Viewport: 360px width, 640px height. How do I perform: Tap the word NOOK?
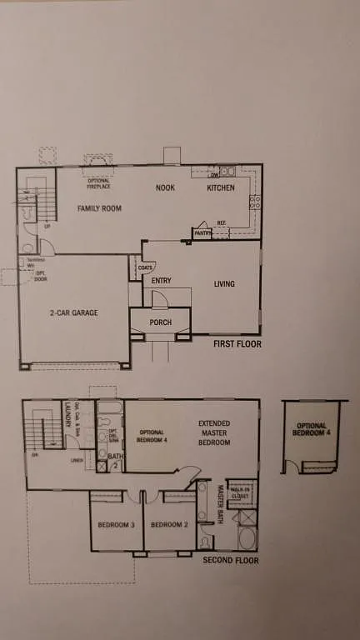165,187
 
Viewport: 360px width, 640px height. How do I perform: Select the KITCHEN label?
221,187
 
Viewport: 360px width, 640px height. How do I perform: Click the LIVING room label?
224,284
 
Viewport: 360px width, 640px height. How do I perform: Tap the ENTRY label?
162,281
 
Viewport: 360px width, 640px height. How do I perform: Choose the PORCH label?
160,322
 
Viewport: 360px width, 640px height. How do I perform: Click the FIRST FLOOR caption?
237,343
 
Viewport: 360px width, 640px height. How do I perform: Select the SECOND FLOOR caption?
231,560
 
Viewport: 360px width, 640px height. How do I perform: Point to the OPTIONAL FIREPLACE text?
99,182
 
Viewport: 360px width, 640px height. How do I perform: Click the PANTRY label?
202,234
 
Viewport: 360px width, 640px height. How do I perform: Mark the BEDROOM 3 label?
116,525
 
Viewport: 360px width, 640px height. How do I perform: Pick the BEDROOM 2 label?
169,525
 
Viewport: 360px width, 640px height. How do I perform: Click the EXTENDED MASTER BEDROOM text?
214,433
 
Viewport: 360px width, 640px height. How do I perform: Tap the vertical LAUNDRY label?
67,414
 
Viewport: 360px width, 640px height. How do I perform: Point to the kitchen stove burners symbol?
255,201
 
